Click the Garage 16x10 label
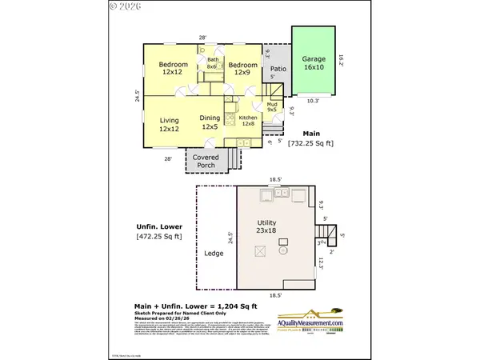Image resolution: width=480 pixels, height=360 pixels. click(314, 63)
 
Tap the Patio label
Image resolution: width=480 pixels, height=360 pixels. click(278, 69)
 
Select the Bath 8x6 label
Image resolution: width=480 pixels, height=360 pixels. click(213, 63)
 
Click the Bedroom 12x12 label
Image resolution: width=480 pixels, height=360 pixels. click(173, 68)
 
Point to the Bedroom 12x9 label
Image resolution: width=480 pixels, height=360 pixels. click(242, 68)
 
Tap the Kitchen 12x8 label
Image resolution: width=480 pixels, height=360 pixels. click(248, 121)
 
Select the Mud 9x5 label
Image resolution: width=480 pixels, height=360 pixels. click(270, 110)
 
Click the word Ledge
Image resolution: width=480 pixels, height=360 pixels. click(214, 254)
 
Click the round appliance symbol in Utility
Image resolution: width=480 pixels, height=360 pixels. click(282, 250)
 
